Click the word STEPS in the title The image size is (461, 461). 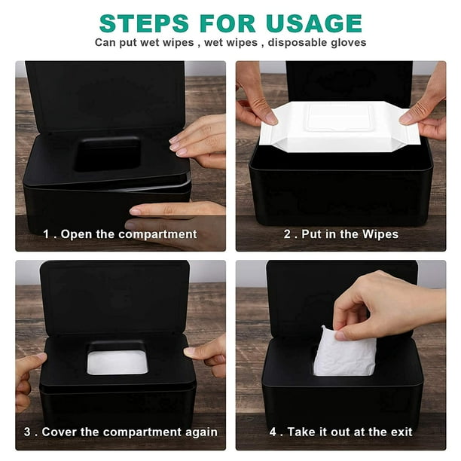click(x=144, y=23)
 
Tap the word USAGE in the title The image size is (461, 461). click(x=313, y=23)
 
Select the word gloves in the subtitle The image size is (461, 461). click(x=349, y=43)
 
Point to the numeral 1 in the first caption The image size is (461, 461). click(x=46, y=234)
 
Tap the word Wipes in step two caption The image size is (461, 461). click(x=380, y=234)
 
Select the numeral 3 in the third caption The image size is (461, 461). click(x=27, y=432)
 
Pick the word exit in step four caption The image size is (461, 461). click(x=401, y=432)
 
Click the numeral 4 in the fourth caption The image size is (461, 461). click(x=273, y=432)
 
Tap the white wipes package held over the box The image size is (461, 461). click(x=340, y=126)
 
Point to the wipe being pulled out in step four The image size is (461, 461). click(x=344, y=353)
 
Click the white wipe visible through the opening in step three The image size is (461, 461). click(x=118, y=362)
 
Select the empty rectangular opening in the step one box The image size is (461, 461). click(x=107, y=154)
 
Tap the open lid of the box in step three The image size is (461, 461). click(x=114, y=298)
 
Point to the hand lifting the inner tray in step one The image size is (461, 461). click(x=198, y=141)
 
